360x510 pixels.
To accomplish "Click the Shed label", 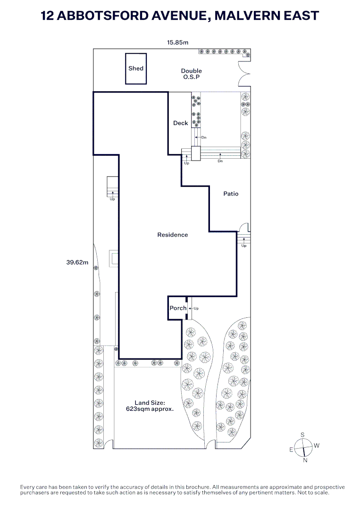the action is (136, 68).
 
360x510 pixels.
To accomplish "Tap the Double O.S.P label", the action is (192, 74).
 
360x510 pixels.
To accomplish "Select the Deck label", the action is (181, 123).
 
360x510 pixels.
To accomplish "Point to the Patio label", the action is (231, 194).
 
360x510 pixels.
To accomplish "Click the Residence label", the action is (173, 235).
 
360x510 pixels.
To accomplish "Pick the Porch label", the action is (178, 308).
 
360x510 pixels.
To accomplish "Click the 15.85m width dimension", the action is (178, 42).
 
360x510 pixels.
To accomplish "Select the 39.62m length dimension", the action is (77, 262).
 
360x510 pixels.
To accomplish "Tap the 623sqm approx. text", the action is (150, 409).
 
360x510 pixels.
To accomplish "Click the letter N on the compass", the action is (305, 460).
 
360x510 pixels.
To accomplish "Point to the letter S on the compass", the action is (302, 435).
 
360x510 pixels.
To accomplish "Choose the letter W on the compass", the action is (317, 446).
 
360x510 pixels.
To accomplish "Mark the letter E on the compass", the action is (292, 450).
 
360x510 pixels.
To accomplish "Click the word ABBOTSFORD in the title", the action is (103, 16).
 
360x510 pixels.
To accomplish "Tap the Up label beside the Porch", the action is (196, 308).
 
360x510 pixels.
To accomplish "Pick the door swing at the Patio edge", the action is (244, 227).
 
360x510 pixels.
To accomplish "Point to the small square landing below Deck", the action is (196, 153).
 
